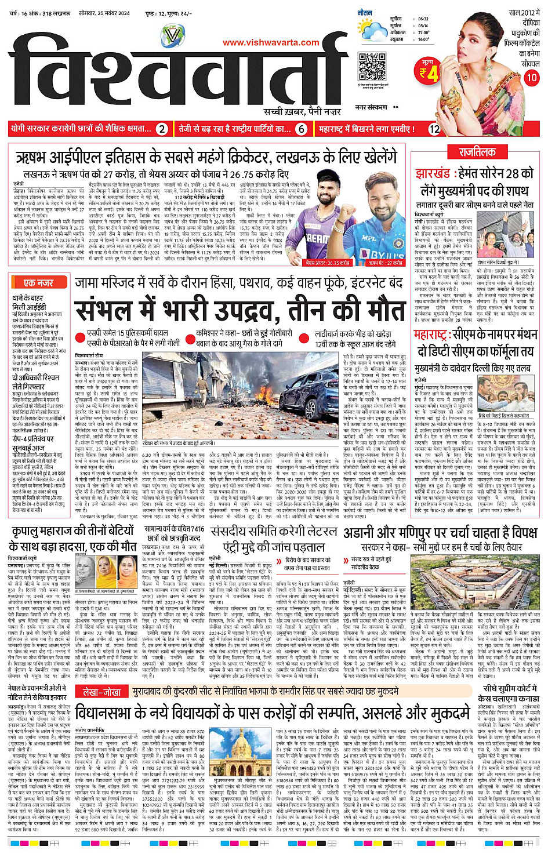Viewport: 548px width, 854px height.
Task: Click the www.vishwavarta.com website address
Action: (x=271, y=42)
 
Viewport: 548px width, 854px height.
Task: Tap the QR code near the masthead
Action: (x=372, y=66)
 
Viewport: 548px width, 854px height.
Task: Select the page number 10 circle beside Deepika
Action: (x=531, y=77)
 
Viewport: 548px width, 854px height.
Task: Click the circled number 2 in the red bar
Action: (x=162, y=129)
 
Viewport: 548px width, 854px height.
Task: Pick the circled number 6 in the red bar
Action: (x=301, y=129)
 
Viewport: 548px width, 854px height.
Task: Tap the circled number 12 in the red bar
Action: (x=434, y=129)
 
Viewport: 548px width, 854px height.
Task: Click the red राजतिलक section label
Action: (x=477, y=152)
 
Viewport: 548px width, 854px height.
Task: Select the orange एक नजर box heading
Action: (x=39, y=282)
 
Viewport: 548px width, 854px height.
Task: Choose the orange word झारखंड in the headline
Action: (x=433, y=173)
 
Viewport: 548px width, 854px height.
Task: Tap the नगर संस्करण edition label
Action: (x=371, y=107)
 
